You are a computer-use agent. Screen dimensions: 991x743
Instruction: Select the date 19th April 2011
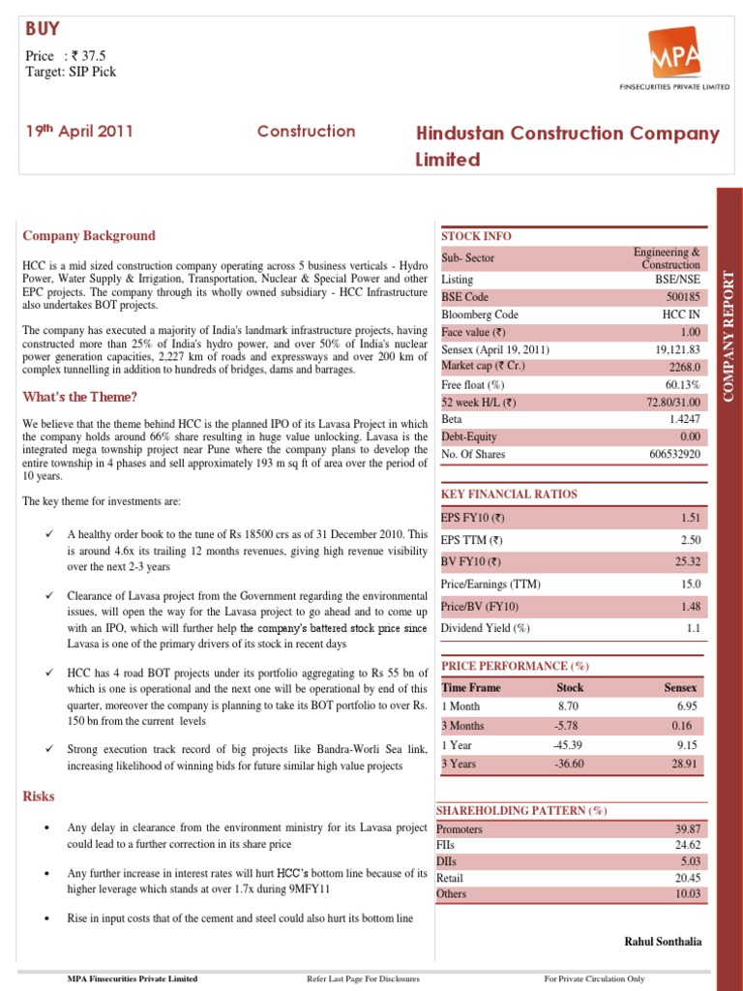point(78,132)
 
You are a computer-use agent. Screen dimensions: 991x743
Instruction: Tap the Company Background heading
point(88,235)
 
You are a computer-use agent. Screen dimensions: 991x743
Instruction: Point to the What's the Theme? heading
point(79,397)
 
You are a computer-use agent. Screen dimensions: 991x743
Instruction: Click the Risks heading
point(39,796)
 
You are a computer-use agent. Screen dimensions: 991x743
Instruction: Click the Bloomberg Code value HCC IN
point(681,315)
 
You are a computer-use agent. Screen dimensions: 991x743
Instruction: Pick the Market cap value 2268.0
point(683,366)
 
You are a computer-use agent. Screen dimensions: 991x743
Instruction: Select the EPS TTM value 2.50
point(690,540)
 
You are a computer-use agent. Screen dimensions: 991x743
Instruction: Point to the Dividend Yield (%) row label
point(486,628)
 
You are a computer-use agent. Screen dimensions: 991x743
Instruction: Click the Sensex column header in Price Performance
point(680,687)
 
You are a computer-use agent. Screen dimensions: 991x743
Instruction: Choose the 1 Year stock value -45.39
point(569,745)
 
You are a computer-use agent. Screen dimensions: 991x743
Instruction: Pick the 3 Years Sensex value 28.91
point(685,764)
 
